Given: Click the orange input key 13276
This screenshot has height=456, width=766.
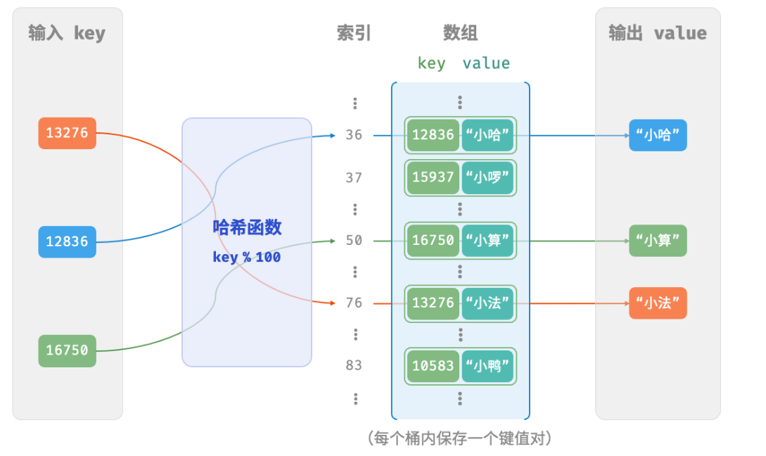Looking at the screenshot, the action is point(67,133).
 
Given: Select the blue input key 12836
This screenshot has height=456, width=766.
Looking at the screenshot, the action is point(67,242).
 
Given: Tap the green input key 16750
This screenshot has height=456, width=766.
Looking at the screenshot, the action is point(67,350).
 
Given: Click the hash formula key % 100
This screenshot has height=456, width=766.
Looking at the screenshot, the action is point(247,257).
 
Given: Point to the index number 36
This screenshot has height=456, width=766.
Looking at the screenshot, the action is point(354,135).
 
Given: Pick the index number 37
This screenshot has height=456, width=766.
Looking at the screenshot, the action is point(354,177).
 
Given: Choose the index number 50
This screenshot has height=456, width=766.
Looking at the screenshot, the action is point(354,241).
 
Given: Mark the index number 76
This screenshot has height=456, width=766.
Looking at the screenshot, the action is point(354,303).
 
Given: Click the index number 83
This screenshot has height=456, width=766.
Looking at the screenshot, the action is point(354,365).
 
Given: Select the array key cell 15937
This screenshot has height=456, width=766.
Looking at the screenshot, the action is point(433,177).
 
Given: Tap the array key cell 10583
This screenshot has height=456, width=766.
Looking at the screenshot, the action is point(433,366).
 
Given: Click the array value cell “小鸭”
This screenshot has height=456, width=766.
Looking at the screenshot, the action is point(487,366).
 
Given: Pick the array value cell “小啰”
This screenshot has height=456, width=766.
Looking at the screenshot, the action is point(487,177).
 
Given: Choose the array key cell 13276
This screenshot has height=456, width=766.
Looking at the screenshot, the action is point(433,303).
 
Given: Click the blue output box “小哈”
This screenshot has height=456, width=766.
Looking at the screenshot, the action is point(658,135).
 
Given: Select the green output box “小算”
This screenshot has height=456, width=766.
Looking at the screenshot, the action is point(658,241).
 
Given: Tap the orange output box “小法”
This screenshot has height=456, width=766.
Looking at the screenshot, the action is point(658,303).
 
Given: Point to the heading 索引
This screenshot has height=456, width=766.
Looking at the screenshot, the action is point(354,33).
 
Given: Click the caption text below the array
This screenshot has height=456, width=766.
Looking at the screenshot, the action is point(459,438).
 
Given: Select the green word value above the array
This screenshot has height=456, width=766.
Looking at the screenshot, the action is point(486,63).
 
